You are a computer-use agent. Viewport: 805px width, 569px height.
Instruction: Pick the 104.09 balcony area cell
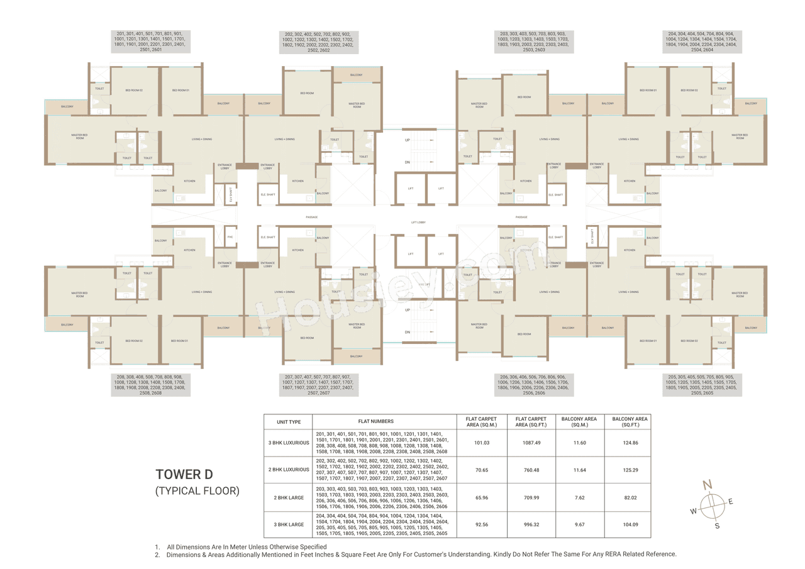(x=627, y=524)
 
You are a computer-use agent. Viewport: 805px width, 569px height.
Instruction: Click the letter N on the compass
(x=707, y=484)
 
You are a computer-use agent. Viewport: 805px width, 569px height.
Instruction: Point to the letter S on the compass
(x=717, y=526)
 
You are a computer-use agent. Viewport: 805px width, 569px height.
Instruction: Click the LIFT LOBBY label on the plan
(x=418, y=223)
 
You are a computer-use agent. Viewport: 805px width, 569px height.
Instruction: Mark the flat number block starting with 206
(x=533, y=385)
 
